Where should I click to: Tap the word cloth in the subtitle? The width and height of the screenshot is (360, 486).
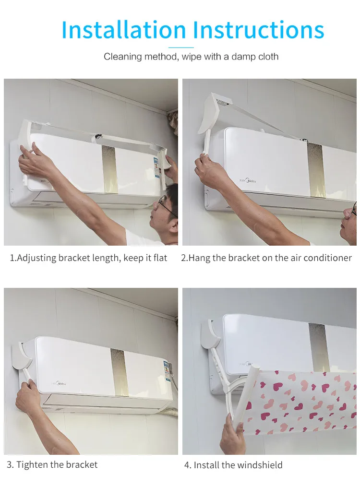(x=268, y=57)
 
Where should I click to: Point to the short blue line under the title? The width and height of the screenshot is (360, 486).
(x=181, y=47)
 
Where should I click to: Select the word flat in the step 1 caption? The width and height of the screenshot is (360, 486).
(x=160, y=258)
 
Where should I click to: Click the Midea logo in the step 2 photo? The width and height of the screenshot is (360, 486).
(x=248, y=180)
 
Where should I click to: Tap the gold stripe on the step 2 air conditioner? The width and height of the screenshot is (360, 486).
(x=316, y=170)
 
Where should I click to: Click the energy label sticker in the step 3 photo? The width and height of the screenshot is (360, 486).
(x=168, y=373)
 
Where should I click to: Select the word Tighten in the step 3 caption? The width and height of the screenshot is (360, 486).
(x=32, y=464)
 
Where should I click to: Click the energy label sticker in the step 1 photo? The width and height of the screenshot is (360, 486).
(x=156, y=168)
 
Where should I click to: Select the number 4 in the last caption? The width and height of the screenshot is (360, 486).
(x=187, y=465)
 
